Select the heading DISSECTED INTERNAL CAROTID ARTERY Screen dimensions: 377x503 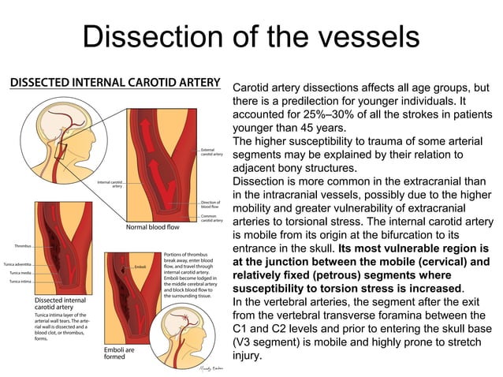(115, 81)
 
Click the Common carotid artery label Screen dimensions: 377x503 (213, 218)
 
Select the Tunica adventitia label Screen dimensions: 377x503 (17, 263)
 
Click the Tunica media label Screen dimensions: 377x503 (20, 273)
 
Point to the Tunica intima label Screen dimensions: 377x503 (20, 282)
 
